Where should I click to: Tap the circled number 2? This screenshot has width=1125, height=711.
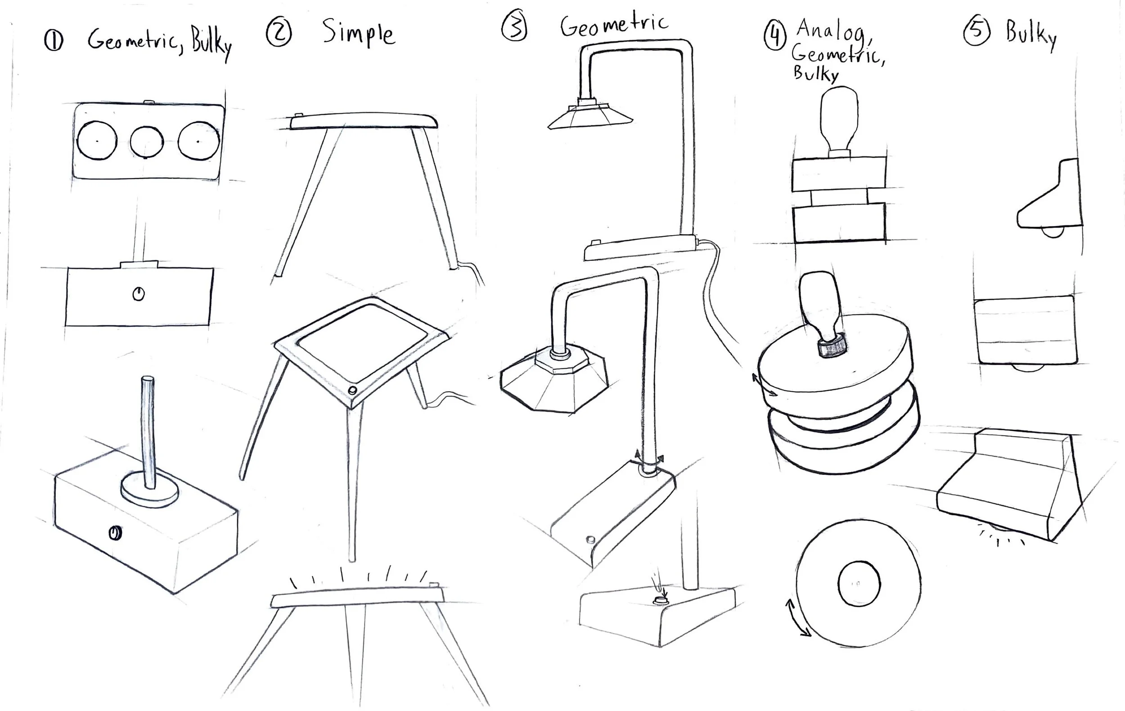(279, 33)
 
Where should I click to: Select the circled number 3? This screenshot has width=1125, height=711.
(514, 27)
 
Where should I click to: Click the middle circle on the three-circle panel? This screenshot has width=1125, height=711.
(147, 142)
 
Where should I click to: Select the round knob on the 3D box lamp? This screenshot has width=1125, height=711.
(115, 532)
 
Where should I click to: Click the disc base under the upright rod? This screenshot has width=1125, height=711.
(149, 488)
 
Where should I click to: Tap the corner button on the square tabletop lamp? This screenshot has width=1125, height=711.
(353, 390)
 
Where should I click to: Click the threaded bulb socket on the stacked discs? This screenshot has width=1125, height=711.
(832, 346)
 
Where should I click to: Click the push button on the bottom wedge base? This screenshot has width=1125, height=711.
(660, 600)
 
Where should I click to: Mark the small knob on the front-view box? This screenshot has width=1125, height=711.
(138, 294)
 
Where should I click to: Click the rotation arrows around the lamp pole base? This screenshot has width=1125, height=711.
(648, 461)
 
